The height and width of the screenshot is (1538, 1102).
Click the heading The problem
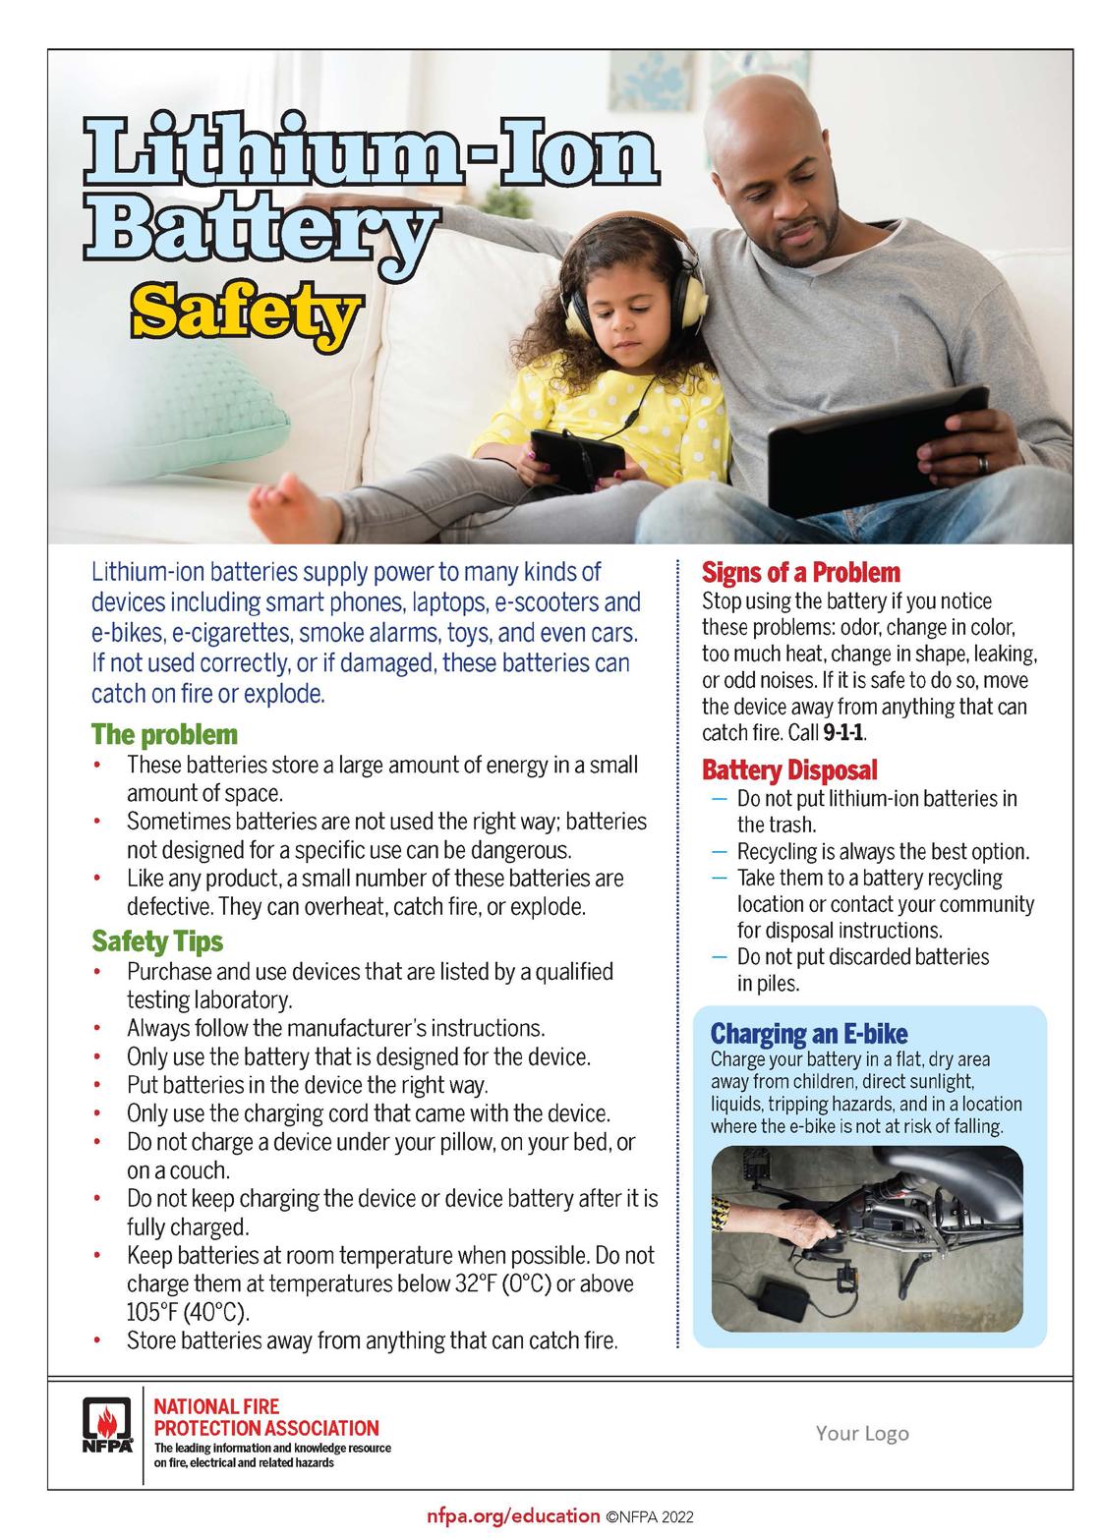[x=164, y=734]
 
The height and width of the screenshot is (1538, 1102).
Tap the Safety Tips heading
[x=157, y=941]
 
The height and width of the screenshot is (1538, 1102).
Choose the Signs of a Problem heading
[x=800, y=572]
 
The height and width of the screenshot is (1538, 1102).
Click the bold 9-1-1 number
[x=844, y=733]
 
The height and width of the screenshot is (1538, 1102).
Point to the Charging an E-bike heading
[x=808, y=1033]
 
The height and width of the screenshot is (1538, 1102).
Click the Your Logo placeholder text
[x=861, y=1433]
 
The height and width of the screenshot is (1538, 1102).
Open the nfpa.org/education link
[x=513, y=1516]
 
